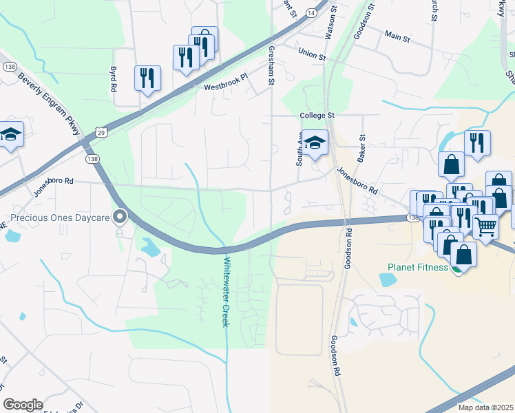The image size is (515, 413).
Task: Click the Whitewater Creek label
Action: [224, 292]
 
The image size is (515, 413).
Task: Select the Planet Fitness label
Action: [418, 267]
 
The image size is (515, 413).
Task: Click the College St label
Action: [316, 116]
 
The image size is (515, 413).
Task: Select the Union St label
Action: [311, 53]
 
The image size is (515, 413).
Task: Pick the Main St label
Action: [397, 35]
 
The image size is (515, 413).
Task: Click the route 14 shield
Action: [311, 13]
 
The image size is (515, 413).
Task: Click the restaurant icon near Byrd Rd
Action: [147, 78]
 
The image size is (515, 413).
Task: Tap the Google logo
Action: [23, 404]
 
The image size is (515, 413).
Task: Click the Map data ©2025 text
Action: [485, 407]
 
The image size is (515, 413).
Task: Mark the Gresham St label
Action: [271, 66]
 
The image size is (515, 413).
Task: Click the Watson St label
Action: [329, 24]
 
